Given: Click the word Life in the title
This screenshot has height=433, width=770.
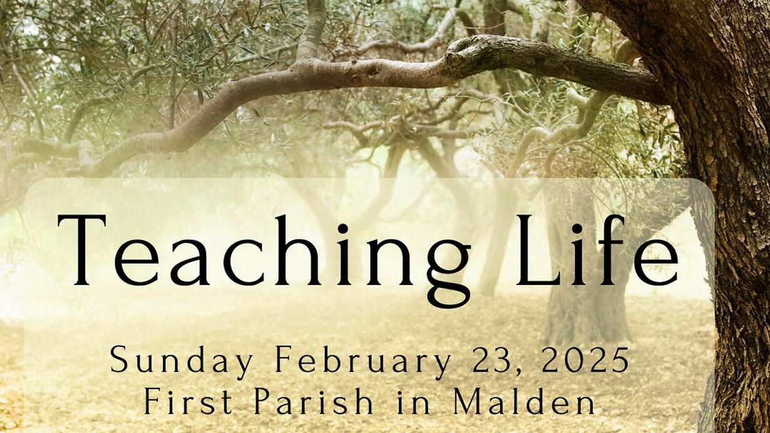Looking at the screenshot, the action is (597, 250).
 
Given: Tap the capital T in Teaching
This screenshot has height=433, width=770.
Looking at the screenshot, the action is (82, 250).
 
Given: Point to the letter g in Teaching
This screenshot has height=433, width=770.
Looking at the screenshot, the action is (448, 273).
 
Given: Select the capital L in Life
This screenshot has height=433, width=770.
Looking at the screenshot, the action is (538, 250).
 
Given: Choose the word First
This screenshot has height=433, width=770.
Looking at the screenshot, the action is (188, 401).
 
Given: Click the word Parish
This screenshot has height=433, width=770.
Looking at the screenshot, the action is (314, 400).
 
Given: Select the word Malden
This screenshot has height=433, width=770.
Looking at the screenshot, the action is (524, 400).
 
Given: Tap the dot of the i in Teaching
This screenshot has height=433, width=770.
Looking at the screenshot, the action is (342, 228).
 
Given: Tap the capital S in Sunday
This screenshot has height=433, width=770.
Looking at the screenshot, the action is (119, 360).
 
